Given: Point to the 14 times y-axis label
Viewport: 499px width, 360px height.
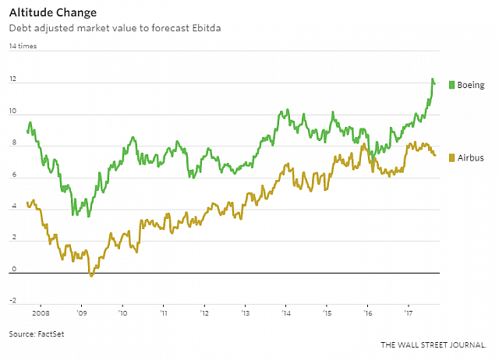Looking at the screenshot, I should click(x=23, y=47).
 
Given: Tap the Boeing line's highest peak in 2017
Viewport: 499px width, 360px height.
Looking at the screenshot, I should click(x=433, y=79).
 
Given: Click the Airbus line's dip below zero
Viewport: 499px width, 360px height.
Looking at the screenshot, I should click(x=91, y=275).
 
